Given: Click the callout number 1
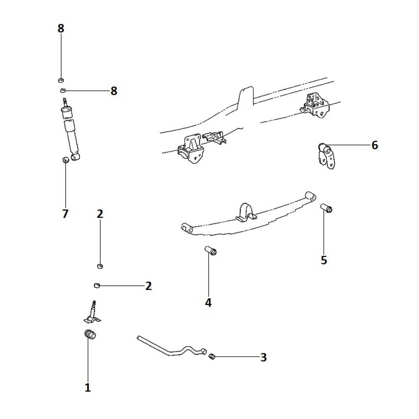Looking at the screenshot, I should coord(88,388).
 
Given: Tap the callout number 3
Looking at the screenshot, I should coord(263,357).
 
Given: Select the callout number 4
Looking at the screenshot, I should coord(208,302).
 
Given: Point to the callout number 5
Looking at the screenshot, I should coord(324,260).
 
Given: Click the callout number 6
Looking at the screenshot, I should coord(375,145).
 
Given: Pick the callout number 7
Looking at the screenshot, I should coord(65,214).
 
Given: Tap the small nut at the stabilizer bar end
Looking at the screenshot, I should coord(212,357).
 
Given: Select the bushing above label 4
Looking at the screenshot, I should coord(211,251).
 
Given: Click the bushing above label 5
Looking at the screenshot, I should coord(326,208).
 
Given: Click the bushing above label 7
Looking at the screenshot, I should coord(65,160).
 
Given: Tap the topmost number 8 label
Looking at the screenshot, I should coord(61,28).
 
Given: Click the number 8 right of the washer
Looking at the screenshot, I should coord(114,91).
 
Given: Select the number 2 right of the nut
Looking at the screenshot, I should coord(148,286).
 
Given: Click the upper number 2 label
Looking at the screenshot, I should coord(100,214).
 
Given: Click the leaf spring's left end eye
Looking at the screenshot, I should coord(187,228).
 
